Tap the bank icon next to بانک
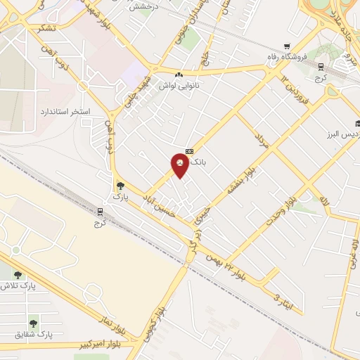tap(188, 151)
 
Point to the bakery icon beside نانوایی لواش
tap(179, 75)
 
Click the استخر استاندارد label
tap(60, 112)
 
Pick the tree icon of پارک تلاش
tap(18, 275)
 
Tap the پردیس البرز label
tap(341, 134)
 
